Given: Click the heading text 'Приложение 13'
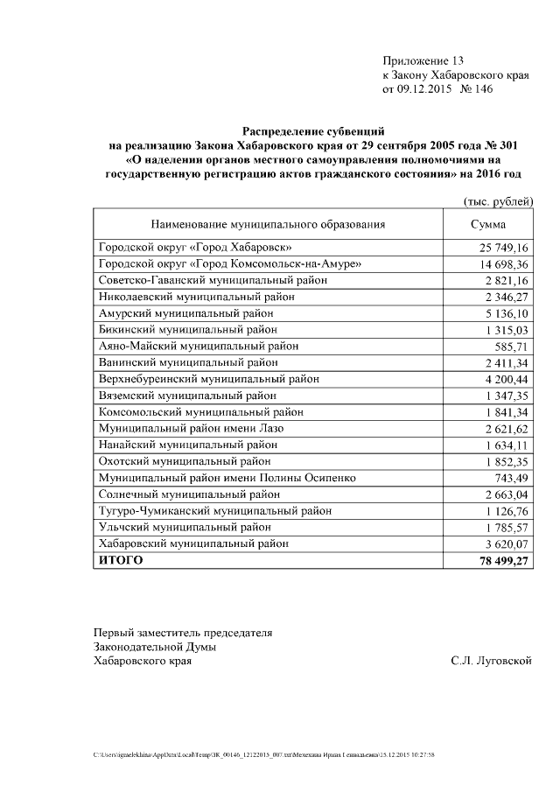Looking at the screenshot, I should [423, 60].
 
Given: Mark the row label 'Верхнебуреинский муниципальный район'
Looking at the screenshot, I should [209, 379].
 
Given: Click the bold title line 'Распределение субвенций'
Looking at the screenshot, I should [313, 130].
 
